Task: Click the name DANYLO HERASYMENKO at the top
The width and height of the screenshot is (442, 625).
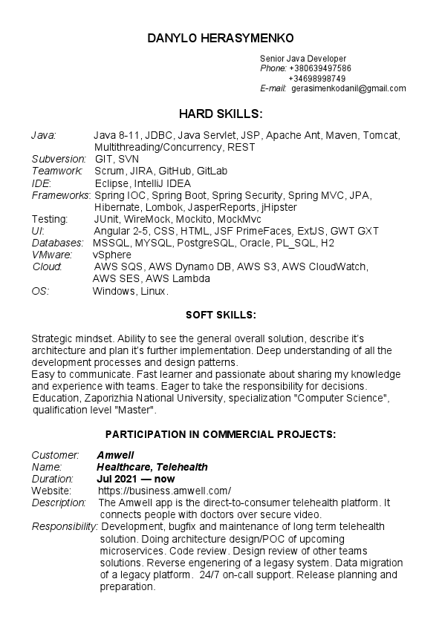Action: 221,38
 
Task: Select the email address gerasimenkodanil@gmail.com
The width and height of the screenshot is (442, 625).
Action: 348,88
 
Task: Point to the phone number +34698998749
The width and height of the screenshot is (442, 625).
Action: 316,78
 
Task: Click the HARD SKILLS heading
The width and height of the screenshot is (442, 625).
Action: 221,114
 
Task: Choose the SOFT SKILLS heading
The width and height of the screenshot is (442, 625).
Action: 221,315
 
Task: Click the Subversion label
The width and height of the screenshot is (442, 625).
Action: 59,159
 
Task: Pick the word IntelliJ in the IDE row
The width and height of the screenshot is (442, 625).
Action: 148,183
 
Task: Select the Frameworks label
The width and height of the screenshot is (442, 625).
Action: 60,195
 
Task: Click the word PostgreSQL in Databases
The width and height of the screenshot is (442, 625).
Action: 205,243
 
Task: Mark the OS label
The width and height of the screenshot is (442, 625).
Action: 40,291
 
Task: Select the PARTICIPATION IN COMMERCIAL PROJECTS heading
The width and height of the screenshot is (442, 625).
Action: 221,433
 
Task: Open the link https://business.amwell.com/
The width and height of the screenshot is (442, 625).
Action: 164,491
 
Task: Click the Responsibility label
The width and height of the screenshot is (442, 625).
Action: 65,526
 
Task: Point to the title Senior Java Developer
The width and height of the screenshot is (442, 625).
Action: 303,59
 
